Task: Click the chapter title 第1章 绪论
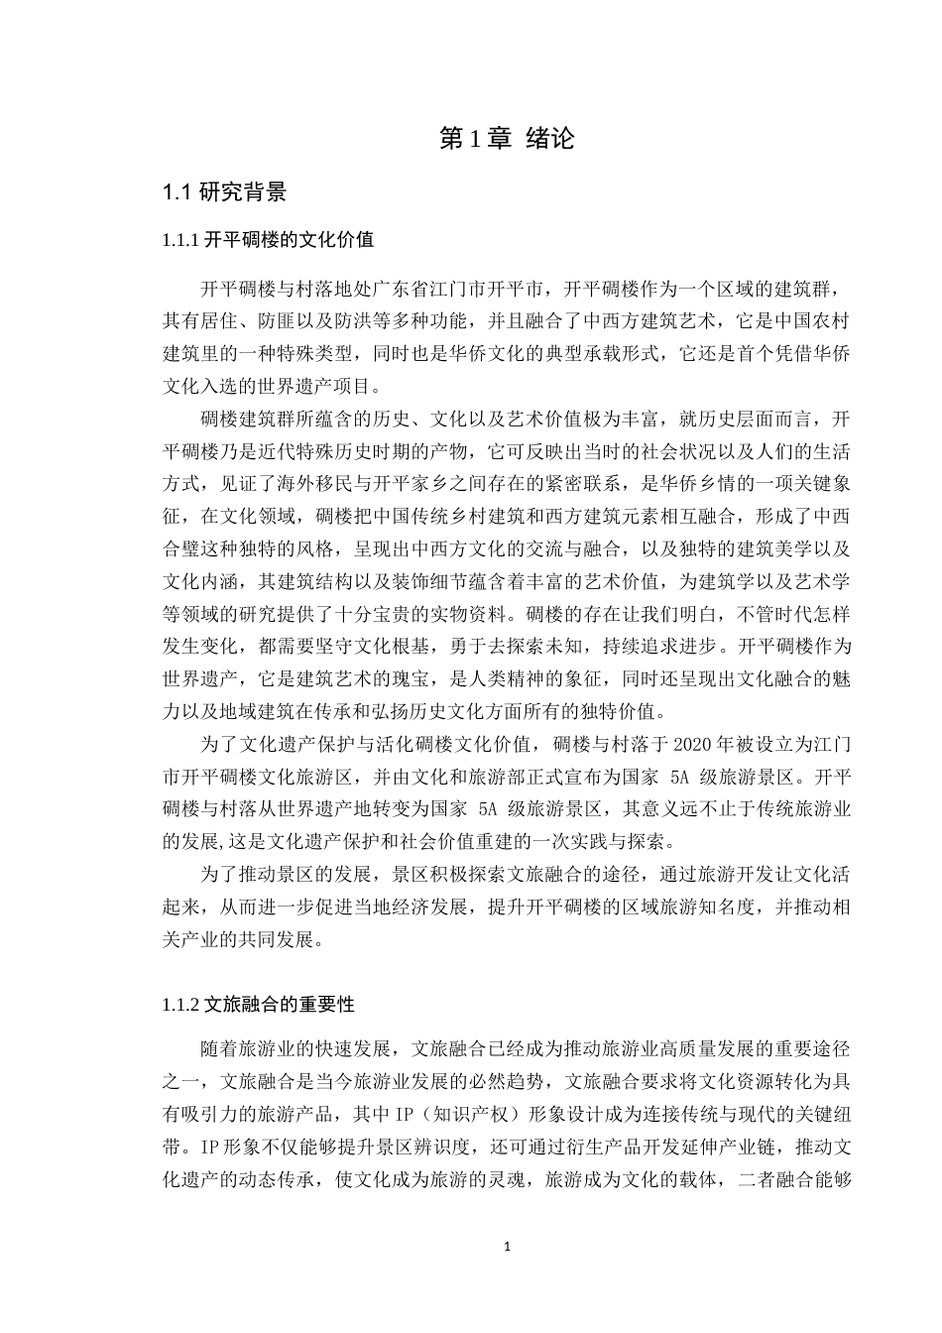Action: click(506, 139)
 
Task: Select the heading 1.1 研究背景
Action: click(225, 192)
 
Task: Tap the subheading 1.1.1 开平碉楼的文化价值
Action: click(268, 241)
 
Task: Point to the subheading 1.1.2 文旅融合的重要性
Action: click(258, 1005)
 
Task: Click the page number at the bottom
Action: click(507, 1247)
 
